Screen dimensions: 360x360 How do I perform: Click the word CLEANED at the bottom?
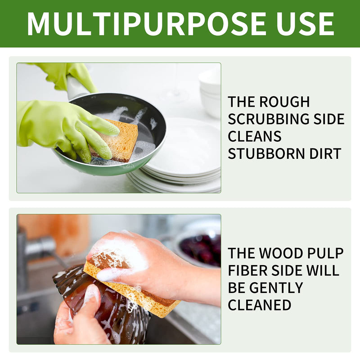[259, 305]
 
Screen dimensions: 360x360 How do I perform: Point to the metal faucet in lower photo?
[40, 247]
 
